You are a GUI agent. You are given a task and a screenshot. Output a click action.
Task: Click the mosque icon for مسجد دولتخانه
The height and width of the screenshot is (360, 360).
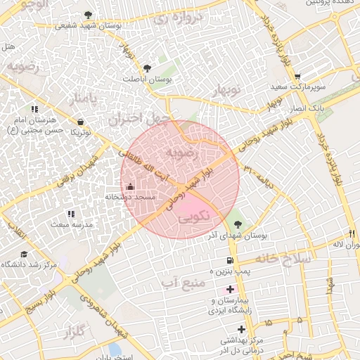click(x=129, y=186)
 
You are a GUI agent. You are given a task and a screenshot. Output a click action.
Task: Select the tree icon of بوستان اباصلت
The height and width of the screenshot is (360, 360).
click(x=147, y=68)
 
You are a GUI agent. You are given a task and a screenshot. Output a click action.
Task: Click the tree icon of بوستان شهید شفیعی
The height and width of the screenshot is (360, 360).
click(x=87, y=15)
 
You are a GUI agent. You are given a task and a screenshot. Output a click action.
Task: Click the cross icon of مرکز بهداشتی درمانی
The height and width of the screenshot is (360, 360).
click(x=243, y=328)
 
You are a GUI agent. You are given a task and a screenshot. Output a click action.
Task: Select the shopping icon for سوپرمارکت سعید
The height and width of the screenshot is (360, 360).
click(x=298, y=77)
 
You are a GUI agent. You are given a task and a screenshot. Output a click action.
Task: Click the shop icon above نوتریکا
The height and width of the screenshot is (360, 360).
click(x=81, y=121)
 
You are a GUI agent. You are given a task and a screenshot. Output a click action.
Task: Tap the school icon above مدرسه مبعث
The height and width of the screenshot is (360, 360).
click(x=70, y=213)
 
